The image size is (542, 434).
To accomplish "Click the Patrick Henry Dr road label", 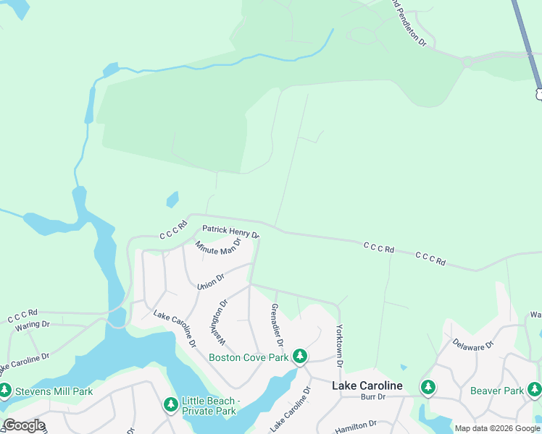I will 230,231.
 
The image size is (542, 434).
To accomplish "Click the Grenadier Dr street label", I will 276,325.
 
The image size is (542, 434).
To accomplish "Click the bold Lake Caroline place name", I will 367,386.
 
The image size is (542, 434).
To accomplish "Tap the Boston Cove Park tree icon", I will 300,357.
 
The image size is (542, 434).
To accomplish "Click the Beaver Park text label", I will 496,391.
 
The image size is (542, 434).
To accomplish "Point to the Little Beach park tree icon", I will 171,404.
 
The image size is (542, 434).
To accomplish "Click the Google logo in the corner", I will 23,425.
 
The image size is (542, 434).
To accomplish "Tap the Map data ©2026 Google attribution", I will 497,428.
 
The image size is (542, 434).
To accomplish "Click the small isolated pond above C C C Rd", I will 172,199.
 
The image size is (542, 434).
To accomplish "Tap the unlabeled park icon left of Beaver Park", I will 428,388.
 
